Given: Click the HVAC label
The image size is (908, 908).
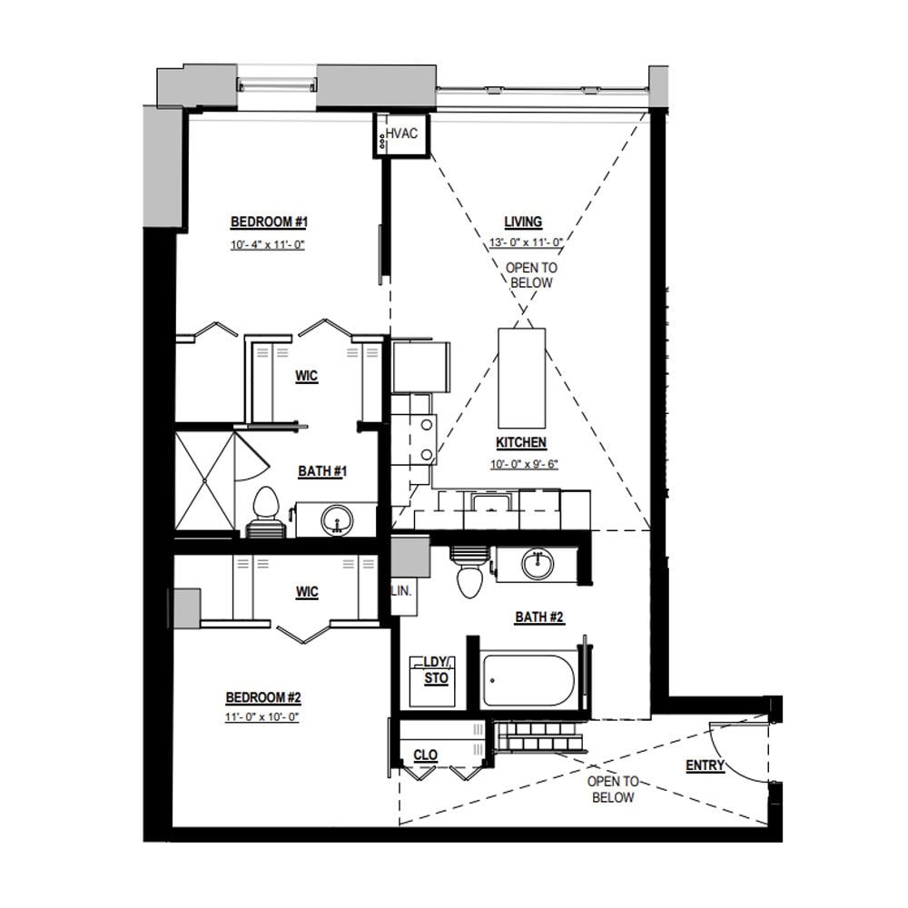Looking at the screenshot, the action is pos(401,133).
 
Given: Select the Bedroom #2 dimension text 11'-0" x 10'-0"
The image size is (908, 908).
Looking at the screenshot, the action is pos(262,717).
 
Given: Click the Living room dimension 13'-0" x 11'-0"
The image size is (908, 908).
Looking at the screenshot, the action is pos(526,242).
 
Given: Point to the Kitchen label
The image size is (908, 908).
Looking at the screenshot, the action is pos(521,442).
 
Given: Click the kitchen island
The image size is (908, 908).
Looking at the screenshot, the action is pos(522,378).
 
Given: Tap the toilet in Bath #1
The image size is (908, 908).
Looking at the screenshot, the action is pos(266,512).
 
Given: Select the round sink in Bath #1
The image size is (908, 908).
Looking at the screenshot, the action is pos(337,519).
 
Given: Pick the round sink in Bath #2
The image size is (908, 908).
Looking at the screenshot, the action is pos(538,564).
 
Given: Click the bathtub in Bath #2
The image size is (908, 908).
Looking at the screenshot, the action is pos(529,680).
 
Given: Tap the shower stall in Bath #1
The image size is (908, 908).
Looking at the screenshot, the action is pos(204,480).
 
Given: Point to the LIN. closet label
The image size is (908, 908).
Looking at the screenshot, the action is pos(401,591).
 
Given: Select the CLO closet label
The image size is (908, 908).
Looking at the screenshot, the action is pos(426,755).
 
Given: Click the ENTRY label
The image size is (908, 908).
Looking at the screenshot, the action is pos(705,765).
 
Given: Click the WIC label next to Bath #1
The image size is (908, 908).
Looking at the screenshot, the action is pos(306,376).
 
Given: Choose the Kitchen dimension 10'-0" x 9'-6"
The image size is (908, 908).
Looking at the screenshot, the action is pos(525,464).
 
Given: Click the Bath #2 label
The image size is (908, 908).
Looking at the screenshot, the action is pos(539,617).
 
